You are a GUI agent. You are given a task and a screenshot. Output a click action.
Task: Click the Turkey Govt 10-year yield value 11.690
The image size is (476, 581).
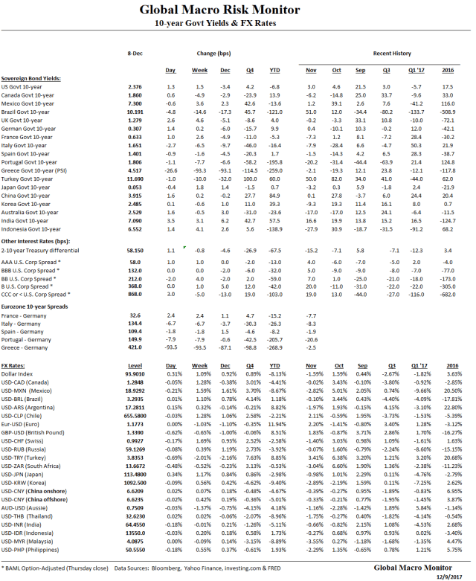pos(135,179)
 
